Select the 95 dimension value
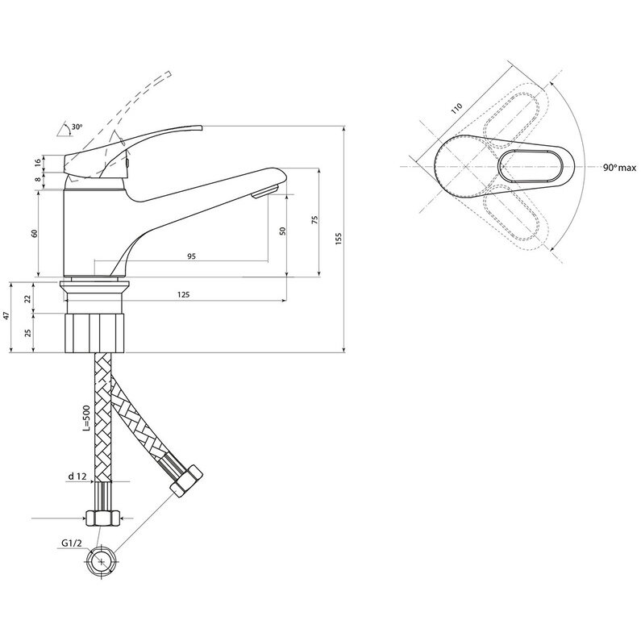(191, 256)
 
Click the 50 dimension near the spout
(282, 231)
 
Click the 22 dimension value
(28, 298)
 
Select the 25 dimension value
(28, 333)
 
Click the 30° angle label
(77, 127)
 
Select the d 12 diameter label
(77, 477)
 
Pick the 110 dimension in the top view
(458, 107)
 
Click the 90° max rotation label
(619, 168)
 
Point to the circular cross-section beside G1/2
(103, 558)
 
